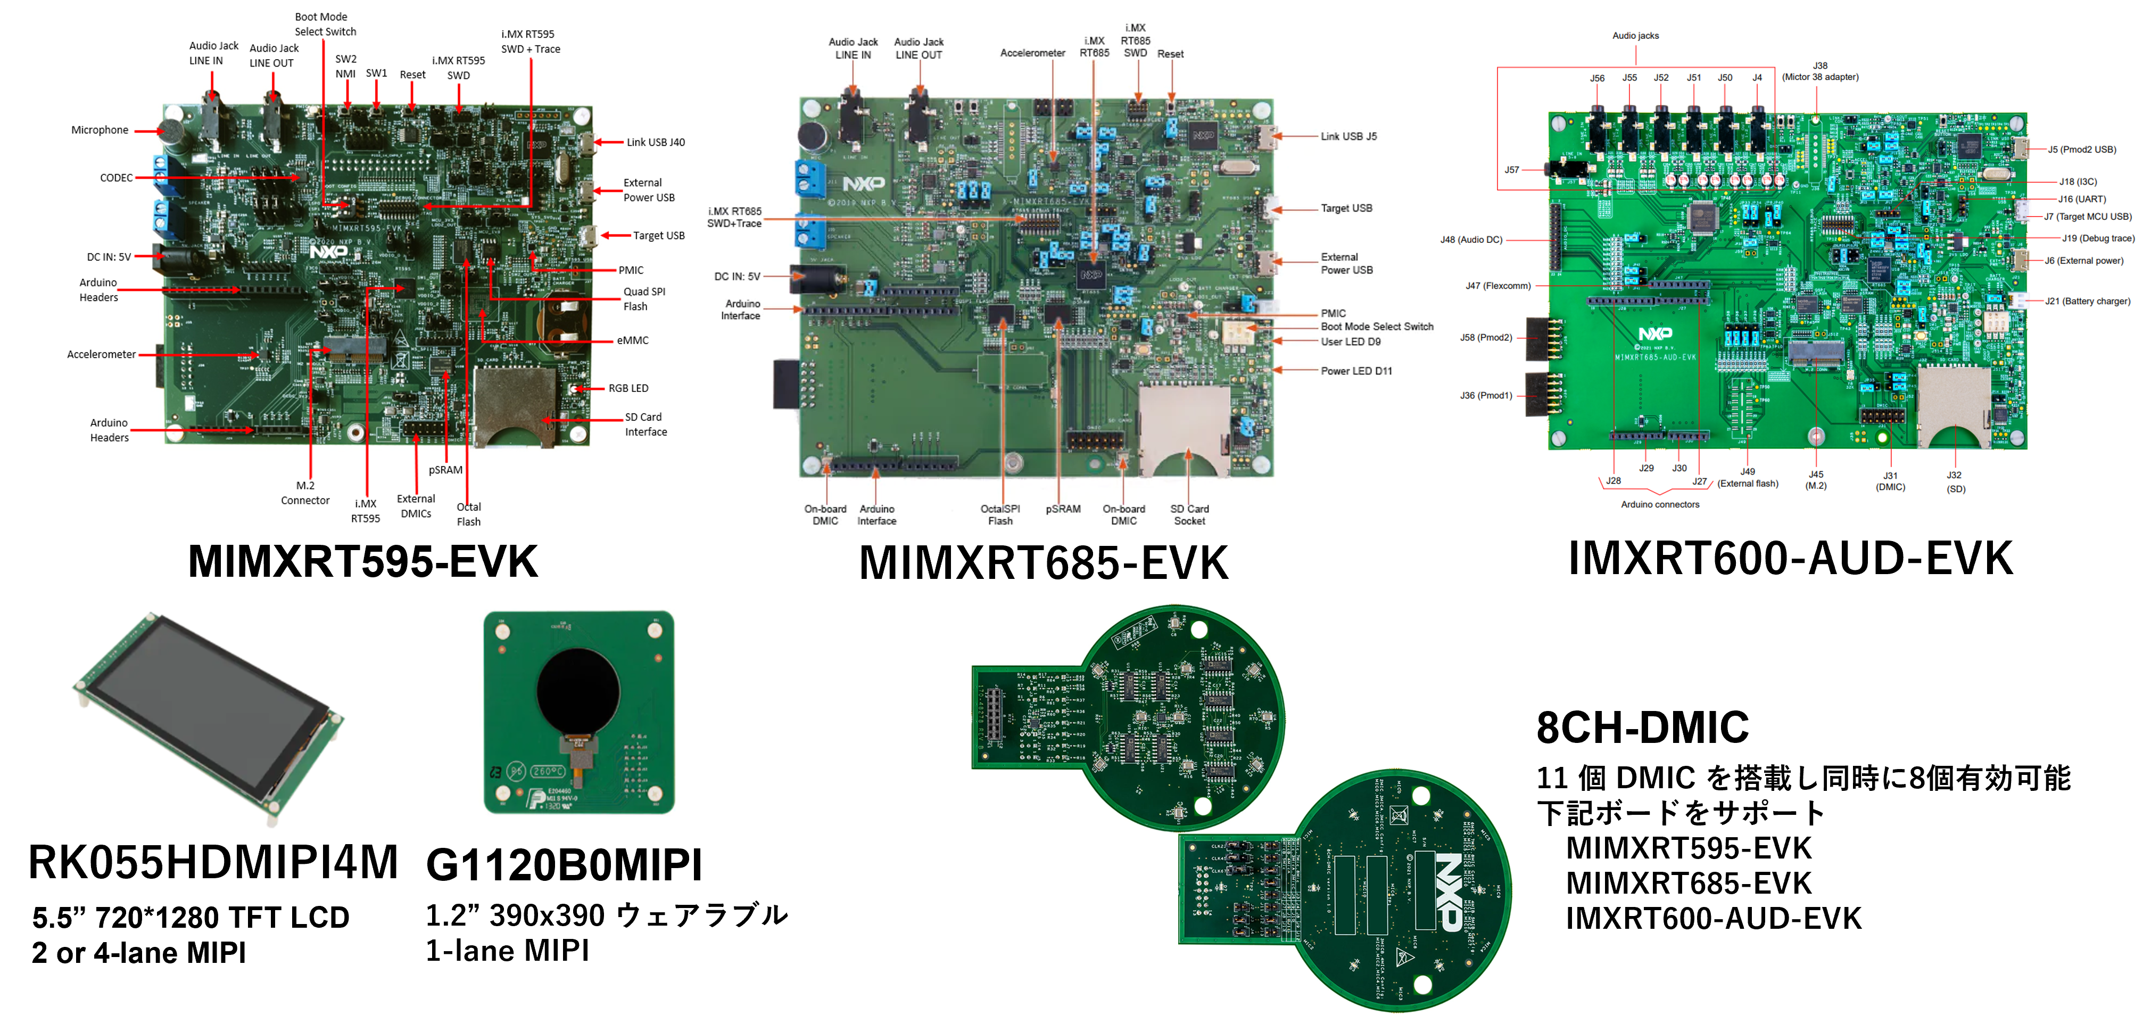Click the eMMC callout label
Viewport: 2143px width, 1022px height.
click(x=632, y=340)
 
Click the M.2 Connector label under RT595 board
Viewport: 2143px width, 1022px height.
click(x=305, y=493)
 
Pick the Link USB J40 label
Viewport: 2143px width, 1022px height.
click(x=656, y=142)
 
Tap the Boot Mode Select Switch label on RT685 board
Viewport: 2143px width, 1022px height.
click(x=1377, y=326)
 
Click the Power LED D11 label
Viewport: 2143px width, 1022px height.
click(x=1356, y=371)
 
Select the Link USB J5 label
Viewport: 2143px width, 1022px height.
click(x=1348, y=136)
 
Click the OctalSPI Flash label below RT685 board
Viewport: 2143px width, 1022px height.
click(x=1000, y=514)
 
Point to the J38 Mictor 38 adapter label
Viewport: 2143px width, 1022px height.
click(x=1820, y=71)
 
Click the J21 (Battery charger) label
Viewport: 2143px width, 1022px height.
click(x=2087, y=301)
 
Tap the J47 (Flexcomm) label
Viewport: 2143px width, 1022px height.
click(x=1497, y=285)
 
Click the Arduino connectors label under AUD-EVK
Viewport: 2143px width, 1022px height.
click(x=1660, y=504)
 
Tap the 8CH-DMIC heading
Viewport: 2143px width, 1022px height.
click(x=1642, y=727)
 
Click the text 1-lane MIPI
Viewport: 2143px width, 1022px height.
click(x=508, y=951)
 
